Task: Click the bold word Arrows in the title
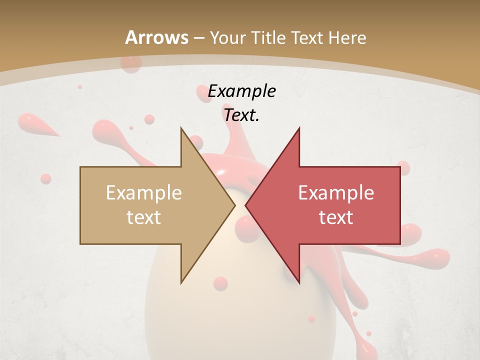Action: click(x=156, y=37)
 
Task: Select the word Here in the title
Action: click(x=348, y=37)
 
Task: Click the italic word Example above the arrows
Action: click(x=241, y=91)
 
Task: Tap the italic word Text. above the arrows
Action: click(x=241, y=115)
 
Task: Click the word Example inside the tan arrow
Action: click(x=143, y=192)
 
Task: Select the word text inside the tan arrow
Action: click(x=143, y=217)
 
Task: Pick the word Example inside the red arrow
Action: click(x=336, y=192)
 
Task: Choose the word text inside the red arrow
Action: click(x=336, y=217)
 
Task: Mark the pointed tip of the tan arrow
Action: click(x=235, y=205)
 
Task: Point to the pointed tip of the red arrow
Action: click(x=245, y=205)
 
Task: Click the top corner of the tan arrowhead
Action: click(x=181, y=128)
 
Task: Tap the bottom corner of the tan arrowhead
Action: click(x=181, y=283)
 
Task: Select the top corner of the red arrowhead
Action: click(x=299, y=128)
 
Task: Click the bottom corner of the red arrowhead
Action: click(x=299, y=283)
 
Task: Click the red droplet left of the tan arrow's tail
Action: click(x=45, y=178)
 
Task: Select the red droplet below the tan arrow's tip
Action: click(x=220, y=283)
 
